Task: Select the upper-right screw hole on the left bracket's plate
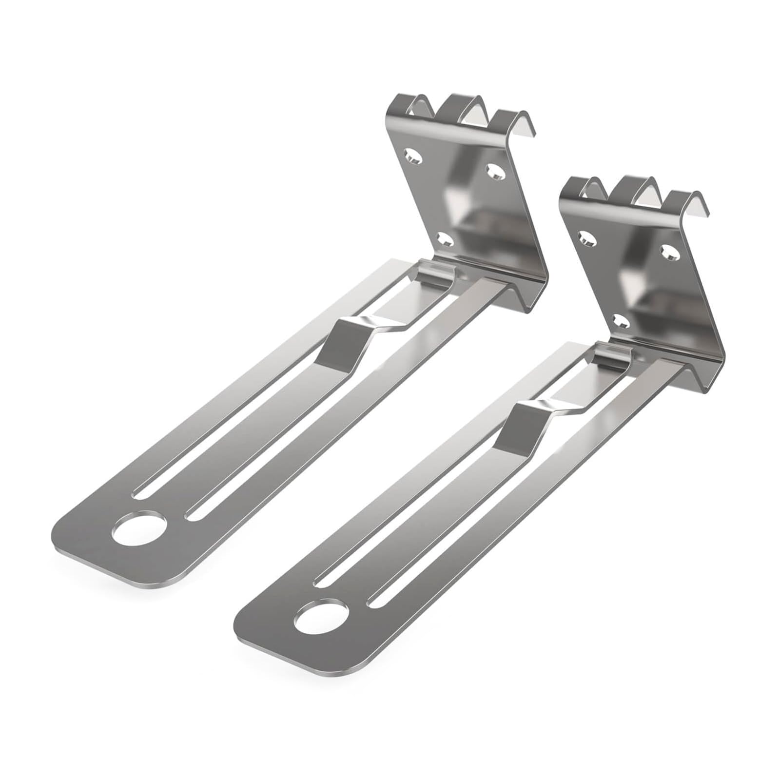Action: (x=494, y=170)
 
